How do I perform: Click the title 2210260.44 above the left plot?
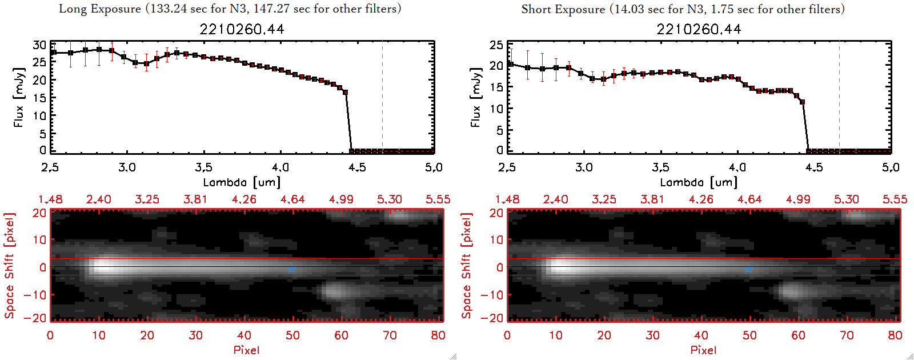pos(242,29)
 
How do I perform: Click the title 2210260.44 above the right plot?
pos(699,29)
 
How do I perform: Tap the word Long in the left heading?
pos(71,9)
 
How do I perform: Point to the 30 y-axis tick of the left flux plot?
pos(39,45)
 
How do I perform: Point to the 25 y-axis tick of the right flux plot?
pos(496,45)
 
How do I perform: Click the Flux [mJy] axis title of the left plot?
pos(19,97)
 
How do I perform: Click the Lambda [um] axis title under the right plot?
pos(699,182)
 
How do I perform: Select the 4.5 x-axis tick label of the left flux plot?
pos(357,167)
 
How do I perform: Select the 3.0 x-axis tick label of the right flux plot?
pos(584,167)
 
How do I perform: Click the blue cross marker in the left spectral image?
pos(292,269)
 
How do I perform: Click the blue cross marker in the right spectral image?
pos(749,269)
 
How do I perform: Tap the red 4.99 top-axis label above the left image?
pos(341,199)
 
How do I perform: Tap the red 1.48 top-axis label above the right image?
pos(507,199)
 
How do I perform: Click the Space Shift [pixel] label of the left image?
pos(9,266)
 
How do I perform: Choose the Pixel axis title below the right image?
pos(703,350)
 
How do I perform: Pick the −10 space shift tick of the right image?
pos(492,294)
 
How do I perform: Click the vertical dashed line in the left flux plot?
pos(382,97)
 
